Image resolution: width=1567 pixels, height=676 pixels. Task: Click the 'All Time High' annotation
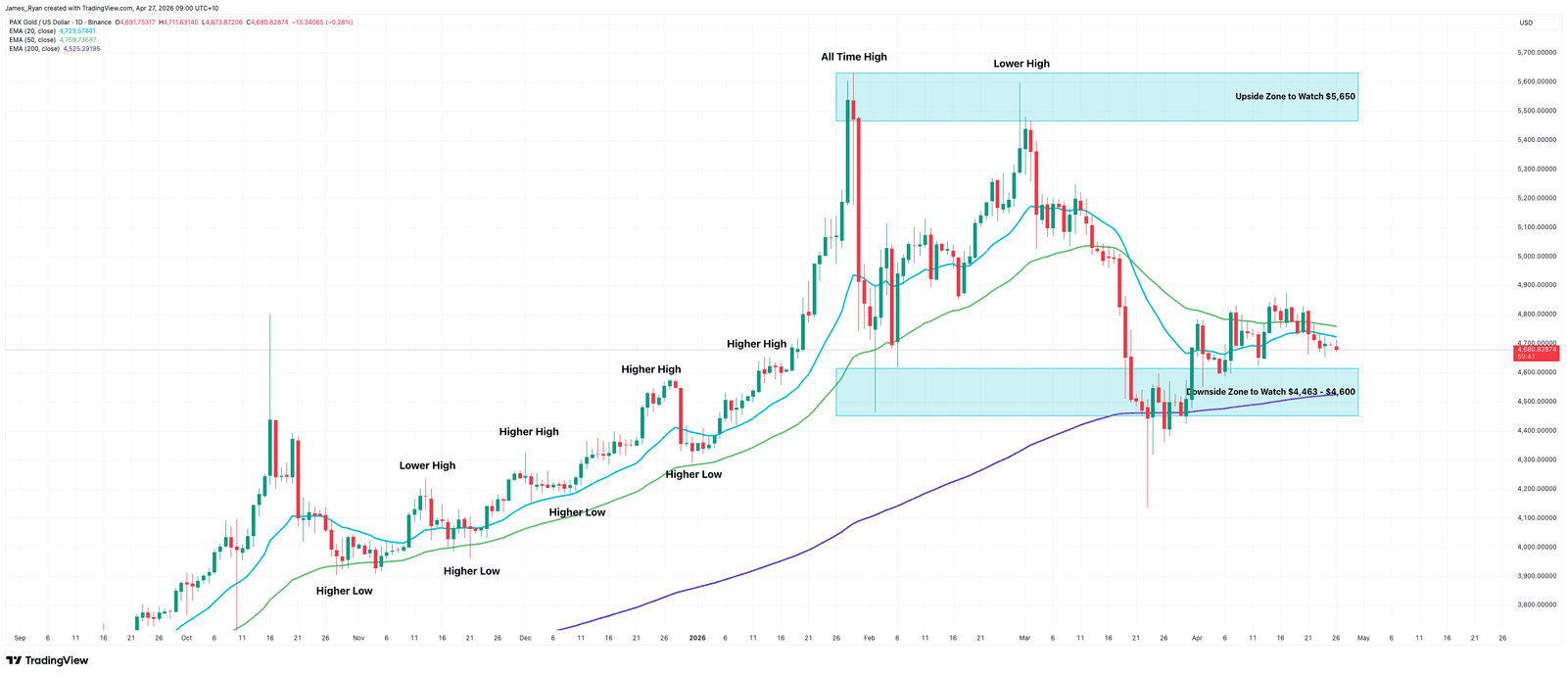point(853,57)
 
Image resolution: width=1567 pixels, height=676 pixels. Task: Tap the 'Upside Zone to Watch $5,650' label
point(1295,97)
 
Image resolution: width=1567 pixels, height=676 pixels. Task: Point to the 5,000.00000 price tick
point(1536,257)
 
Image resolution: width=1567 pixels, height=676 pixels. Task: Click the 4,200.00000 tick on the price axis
point(1536,489)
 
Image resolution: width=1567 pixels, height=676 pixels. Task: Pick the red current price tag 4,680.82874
point(1536,350)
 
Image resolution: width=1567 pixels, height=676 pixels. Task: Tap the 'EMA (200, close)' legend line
point(34,48)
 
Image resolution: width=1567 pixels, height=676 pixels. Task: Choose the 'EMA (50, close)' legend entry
point(32,40)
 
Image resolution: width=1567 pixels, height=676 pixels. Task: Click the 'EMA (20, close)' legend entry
point(32,31)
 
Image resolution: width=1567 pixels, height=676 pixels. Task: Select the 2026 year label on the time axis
point(697,638)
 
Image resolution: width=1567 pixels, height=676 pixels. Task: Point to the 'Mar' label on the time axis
point(1024,638)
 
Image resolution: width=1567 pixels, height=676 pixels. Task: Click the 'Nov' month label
point(357,638)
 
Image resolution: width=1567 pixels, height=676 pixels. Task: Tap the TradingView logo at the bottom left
point(47,660)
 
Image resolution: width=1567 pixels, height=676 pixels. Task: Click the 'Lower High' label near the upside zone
point(1021,64)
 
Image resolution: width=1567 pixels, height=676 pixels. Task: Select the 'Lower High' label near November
point(427,466)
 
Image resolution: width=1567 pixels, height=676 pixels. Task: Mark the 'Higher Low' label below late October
point(344,592)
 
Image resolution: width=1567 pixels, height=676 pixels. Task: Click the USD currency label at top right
point(1526,23)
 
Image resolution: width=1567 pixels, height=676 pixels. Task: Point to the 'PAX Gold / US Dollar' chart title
point(47,22)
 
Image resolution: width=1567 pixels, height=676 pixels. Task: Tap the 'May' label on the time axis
point(1363,638)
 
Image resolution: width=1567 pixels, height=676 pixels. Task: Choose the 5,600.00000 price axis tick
point(1536,82)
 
